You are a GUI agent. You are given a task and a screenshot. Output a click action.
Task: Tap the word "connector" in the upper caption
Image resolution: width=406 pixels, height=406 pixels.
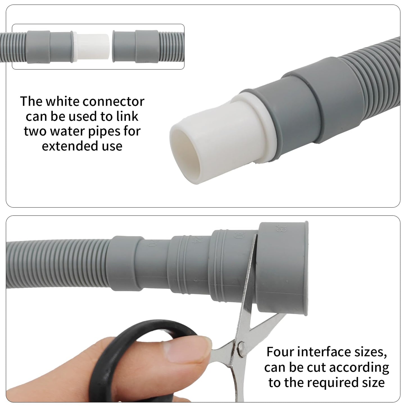pos(113,102)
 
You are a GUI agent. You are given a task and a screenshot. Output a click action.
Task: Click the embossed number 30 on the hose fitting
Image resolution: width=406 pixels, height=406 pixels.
pos(237,235)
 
